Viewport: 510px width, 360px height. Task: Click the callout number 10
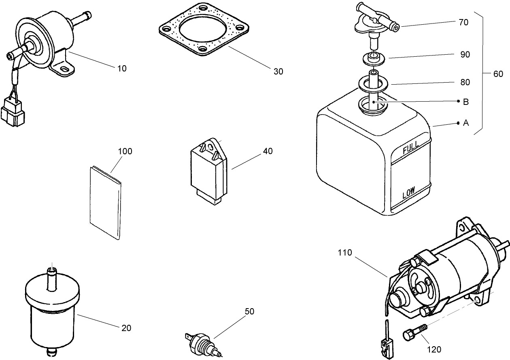[x=122, y=68]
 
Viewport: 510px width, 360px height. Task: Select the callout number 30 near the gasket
[x=278, y=72]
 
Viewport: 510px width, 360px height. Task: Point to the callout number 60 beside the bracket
[x=498, y=74]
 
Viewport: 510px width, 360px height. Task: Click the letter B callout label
[x=465, y=102]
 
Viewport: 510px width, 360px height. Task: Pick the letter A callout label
[x=465, y=123]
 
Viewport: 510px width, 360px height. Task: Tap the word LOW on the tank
[x=410, y=194]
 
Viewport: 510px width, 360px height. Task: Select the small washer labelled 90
[x=372, y=58]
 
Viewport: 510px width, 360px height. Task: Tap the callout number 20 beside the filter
[x=126, y=328]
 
